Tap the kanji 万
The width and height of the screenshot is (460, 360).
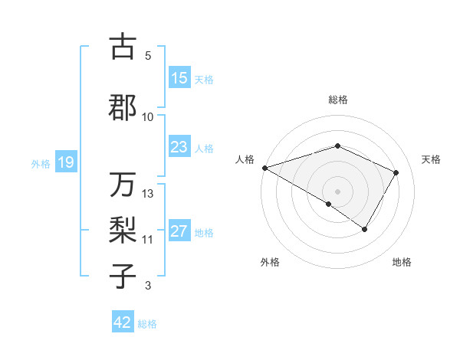123,185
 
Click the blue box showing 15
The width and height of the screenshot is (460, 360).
179,78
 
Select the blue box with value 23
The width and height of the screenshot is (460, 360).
179,147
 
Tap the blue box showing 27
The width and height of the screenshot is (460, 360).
179,231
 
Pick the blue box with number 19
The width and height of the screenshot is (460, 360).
65,162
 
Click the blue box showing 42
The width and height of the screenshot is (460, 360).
123,322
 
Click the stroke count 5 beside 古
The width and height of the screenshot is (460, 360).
148,56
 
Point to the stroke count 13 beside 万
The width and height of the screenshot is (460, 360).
148,194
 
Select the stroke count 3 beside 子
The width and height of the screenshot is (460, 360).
148,286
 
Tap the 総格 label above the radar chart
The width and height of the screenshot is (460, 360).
337,100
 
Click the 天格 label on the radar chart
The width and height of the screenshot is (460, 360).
431,159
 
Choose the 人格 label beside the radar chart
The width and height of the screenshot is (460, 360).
245,159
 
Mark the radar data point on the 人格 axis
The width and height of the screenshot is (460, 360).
264,167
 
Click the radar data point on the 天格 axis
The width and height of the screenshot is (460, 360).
396,172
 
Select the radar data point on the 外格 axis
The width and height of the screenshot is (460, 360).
329,204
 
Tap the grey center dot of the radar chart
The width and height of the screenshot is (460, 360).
337,191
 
